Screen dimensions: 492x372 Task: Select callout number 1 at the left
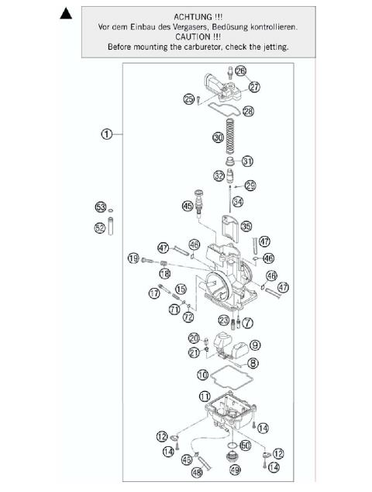click(108, 133)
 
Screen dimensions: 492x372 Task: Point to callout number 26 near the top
click(241, 71)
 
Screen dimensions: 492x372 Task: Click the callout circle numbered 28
click(247, 112)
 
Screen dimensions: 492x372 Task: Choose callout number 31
click(247, 161)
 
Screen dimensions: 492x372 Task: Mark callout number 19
click(133, 258)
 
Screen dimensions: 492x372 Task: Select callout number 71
click(175, 308)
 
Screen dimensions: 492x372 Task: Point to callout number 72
click(188, 317)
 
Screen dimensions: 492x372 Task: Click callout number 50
click(245, 445)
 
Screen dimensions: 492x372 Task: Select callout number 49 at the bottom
click(234, 470)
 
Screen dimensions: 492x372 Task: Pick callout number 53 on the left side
click(100, 207)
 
